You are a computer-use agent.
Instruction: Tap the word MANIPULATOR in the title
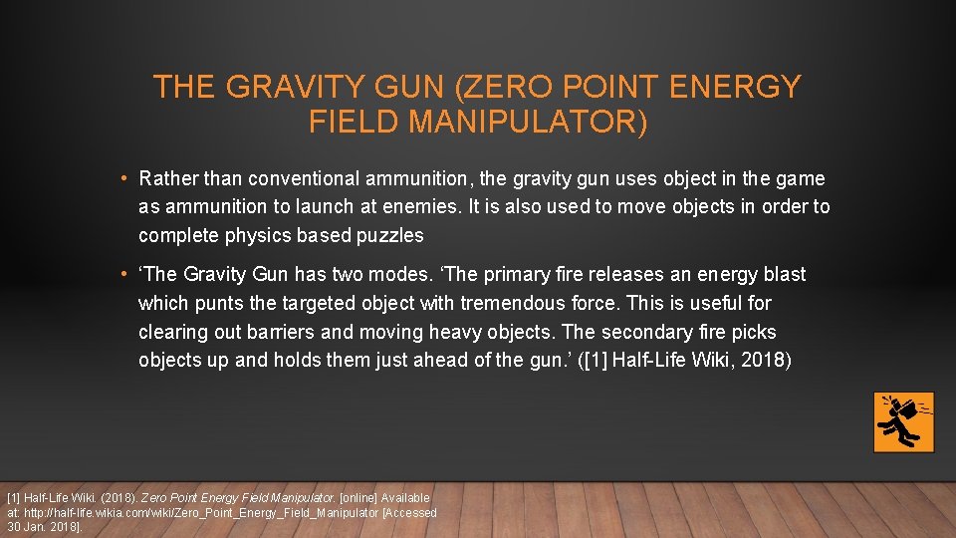point(533,122)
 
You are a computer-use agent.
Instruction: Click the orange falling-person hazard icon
point(903,421)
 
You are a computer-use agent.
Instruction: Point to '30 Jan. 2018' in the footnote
point(43,526)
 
